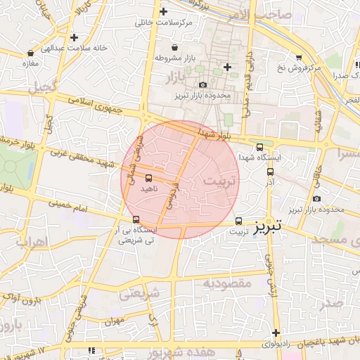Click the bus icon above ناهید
148,176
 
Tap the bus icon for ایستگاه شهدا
260,147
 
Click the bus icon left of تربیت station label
238,221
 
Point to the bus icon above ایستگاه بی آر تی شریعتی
136,219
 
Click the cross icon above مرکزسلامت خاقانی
163,11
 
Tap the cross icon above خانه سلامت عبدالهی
74,37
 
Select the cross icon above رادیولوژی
276,333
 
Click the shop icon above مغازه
30,53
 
